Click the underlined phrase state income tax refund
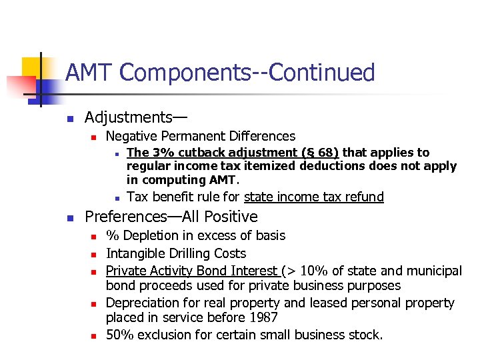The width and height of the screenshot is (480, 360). (314, 197)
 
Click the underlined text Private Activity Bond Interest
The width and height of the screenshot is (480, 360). (192, 271)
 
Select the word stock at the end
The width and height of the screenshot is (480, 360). (365, 335)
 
